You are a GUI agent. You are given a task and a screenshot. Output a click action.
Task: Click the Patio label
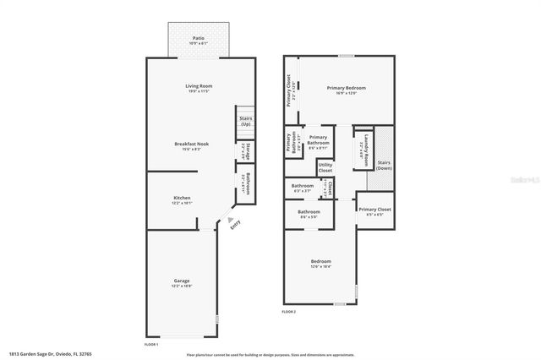point(199,40)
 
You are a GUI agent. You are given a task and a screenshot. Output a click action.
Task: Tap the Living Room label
point(198,87)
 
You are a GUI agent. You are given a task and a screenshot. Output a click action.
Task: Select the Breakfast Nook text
point(191,146)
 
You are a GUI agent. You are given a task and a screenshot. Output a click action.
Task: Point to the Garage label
point(182,283)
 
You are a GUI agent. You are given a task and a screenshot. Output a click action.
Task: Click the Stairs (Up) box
point(245,122)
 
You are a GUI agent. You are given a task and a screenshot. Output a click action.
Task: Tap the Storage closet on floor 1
point(245,151)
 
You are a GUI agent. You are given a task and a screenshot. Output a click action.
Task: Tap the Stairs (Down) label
point(384,165)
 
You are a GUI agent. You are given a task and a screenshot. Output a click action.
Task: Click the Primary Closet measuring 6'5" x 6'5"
point(374,210)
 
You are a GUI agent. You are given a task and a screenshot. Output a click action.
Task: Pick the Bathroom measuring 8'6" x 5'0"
point(309,214)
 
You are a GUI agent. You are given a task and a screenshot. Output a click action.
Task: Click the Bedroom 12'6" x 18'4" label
point(320,264)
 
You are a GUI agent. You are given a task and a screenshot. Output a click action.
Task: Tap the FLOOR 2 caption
point(290,312)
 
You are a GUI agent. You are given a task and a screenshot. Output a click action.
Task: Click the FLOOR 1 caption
point(151,344)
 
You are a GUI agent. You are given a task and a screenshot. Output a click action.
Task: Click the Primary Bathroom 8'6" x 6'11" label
point(318,139)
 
